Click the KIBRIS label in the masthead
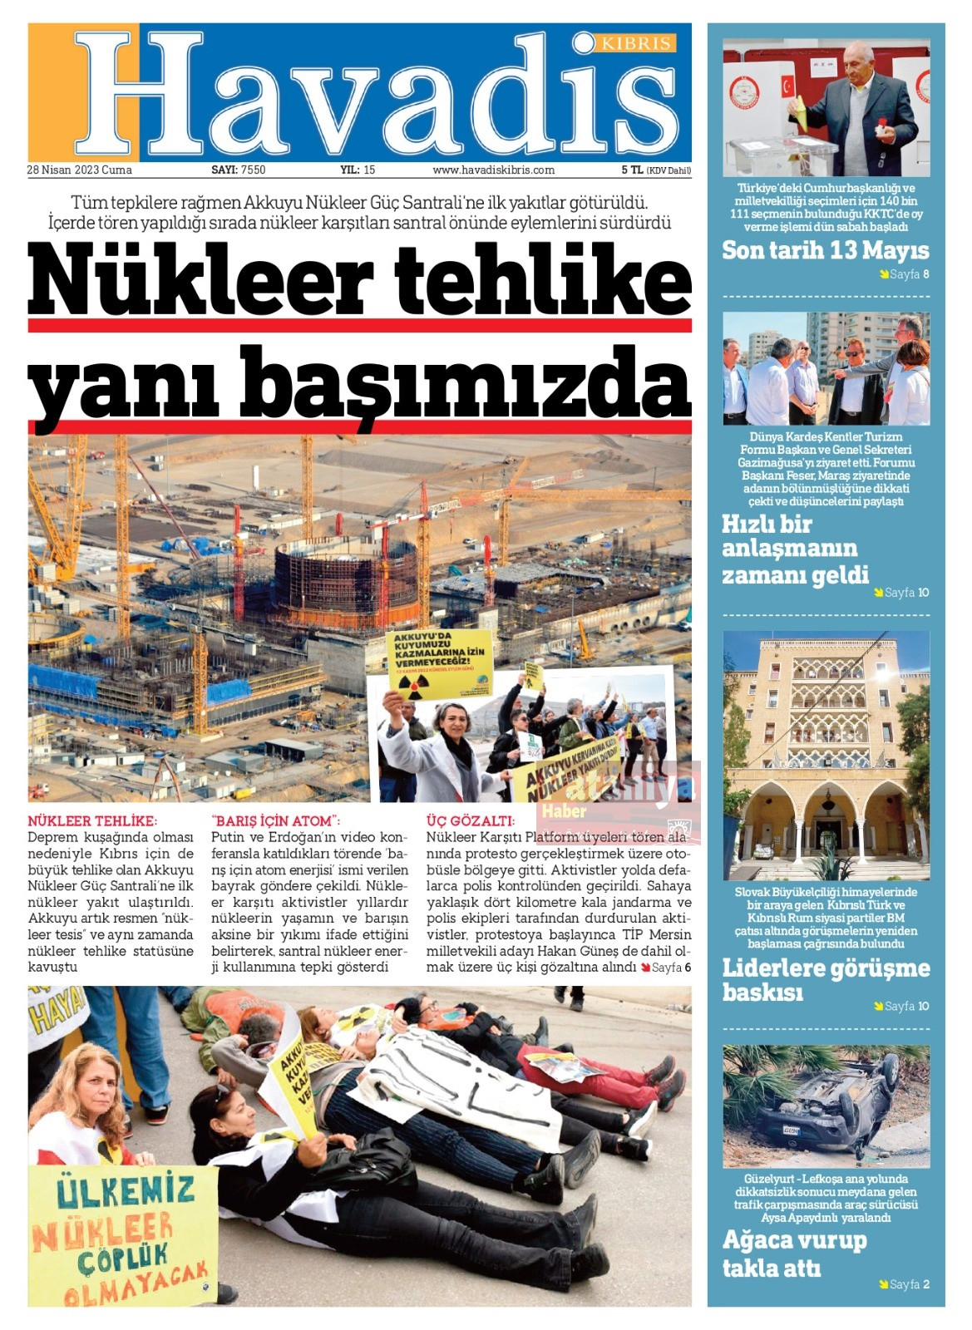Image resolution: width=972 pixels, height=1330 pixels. click(x=636, y=43)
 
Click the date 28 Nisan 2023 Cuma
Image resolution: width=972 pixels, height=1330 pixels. click(x=80, y=170)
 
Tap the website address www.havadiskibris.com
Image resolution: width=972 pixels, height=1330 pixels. click(x=493, y=170)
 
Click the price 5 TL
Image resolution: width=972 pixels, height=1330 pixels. click(x=632, y=170)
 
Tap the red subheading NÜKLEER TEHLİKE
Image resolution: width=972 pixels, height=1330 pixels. click(x=92, y=820)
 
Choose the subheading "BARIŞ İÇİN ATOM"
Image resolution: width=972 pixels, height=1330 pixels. click(x=276, y=820)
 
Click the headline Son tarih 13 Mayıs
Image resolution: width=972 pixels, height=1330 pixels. click(x=825, y=250)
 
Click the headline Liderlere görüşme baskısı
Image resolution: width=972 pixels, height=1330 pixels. click(x=825, y=979)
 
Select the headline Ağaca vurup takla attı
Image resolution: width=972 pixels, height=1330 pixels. click(x=794, y=1254)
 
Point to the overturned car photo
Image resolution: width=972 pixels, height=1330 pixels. click(x=826, y=1106)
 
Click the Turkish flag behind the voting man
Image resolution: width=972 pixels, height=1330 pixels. click(x=787, y=86)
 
